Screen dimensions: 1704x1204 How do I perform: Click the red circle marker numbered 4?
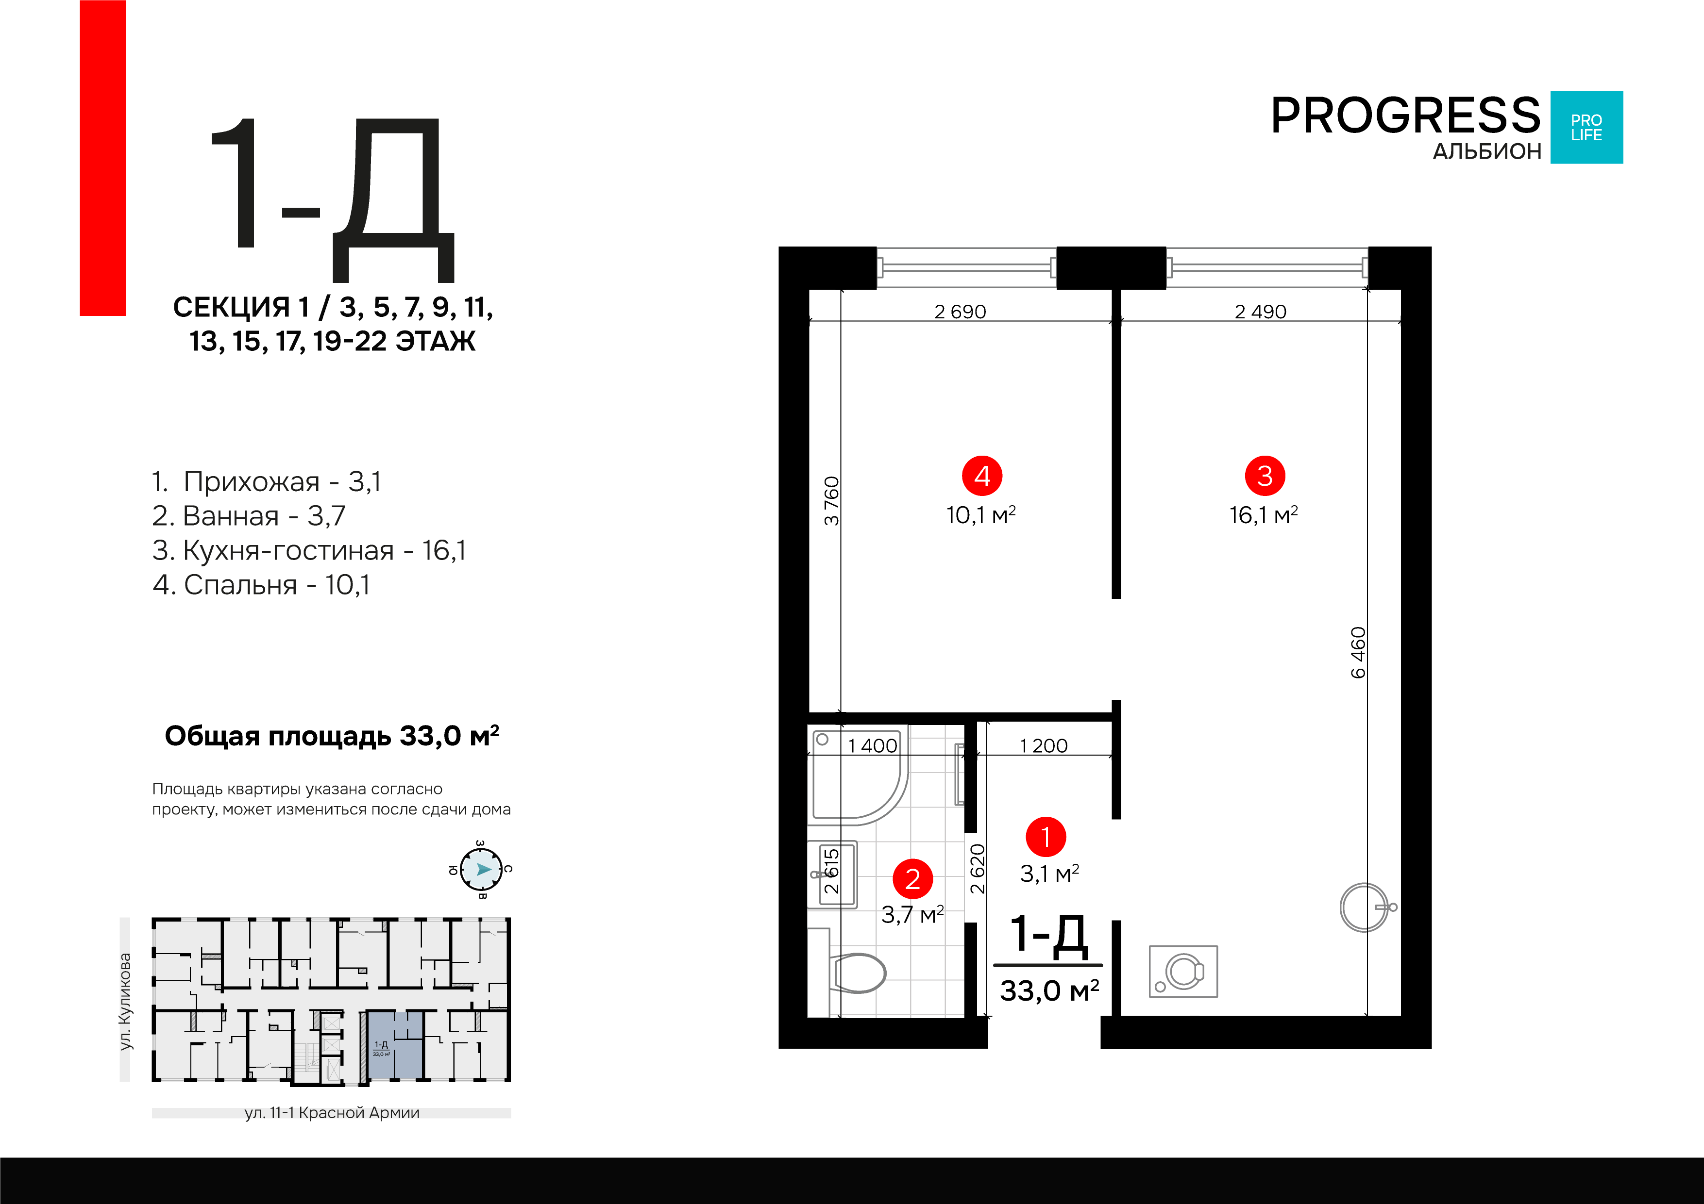click(982, 476)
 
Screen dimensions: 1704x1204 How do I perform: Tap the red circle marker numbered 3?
click(1265, 476)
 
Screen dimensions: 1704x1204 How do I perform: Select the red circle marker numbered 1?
click(1046, 837)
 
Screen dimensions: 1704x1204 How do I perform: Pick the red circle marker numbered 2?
click(913, 879)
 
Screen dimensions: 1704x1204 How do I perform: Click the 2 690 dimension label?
click(961, 312)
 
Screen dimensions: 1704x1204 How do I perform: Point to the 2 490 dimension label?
click(1260, 312)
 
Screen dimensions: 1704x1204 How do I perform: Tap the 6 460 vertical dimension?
click(1357, 653)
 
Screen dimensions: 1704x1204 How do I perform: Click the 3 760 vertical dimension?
click(831, 501)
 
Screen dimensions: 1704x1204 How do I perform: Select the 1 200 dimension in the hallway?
click(1044, 745)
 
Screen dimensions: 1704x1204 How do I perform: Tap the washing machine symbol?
click(1183, 971)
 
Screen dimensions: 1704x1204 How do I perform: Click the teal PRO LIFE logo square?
click(1587, 127)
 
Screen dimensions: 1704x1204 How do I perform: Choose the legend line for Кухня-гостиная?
click(309, 550)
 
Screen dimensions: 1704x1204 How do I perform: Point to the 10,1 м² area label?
click(981, 515)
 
